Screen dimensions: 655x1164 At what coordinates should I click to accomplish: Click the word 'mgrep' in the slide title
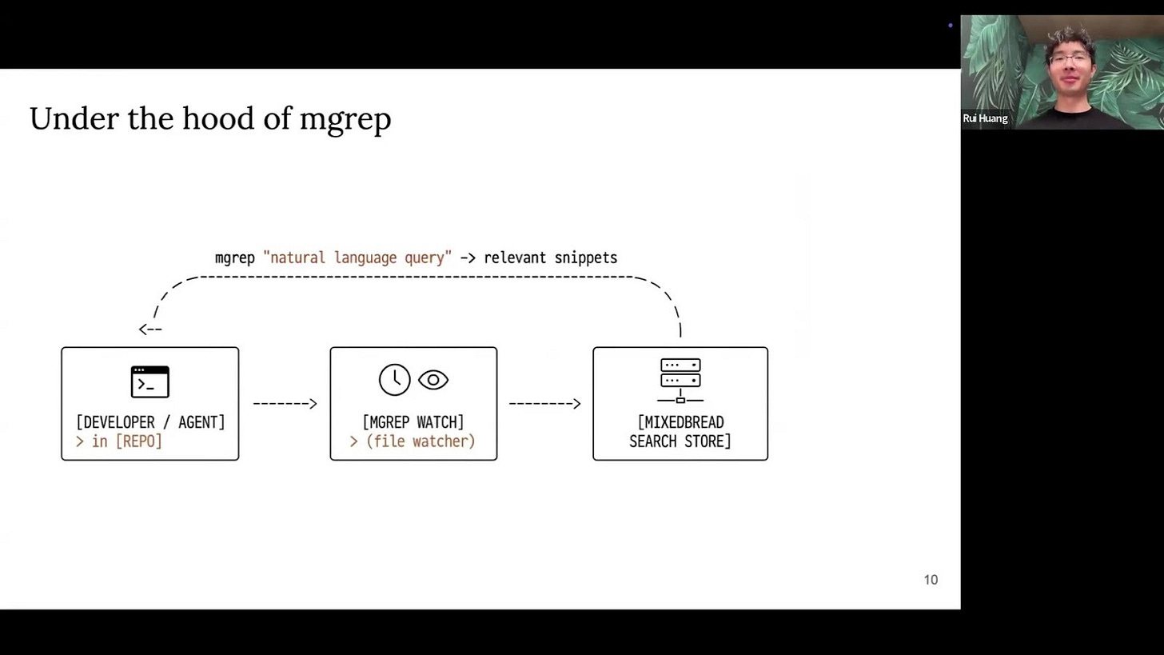coord(345,120)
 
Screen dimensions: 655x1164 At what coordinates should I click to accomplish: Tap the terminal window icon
coord(149,382)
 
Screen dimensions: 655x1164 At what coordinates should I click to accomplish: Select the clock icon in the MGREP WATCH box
coord(394,380)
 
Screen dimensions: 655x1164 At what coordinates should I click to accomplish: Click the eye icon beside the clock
coord(433,380)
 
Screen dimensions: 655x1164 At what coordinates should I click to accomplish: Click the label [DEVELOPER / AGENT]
coord(150,422)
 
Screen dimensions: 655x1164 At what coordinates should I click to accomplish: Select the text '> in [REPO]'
coord(119,441)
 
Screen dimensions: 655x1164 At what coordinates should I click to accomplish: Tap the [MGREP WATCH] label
coord(413,422)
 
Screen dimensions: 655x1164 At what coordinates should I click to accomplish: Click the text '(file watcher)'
coord(421,441)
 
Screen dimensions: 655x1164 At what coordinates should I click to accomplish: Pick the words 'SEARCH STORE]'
coord(680,441)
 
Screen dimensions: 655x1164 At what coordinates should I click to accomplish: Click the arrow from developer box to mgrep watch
coord(285,404)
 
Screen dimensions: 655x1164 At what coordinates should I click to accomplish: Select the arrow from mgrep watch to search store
coord(544,404)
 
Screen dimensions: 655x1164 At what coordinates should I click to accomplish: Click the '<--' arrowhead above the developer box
coord(150,329)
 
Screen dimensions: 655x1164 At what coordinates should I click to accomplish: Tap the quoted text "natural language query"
coord(357,258)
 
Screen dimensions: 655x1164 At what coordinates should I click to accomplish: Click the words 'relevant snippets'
coord(550,258)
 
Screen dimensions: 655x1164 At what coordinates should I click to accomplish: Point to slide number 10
coord(931,580)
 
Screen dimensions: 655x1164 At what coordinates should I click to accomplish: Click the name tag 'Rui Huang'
coord(985,118)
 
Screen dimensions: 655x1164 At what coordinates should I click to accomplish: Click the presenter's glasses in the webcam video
coord(1069,60)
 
